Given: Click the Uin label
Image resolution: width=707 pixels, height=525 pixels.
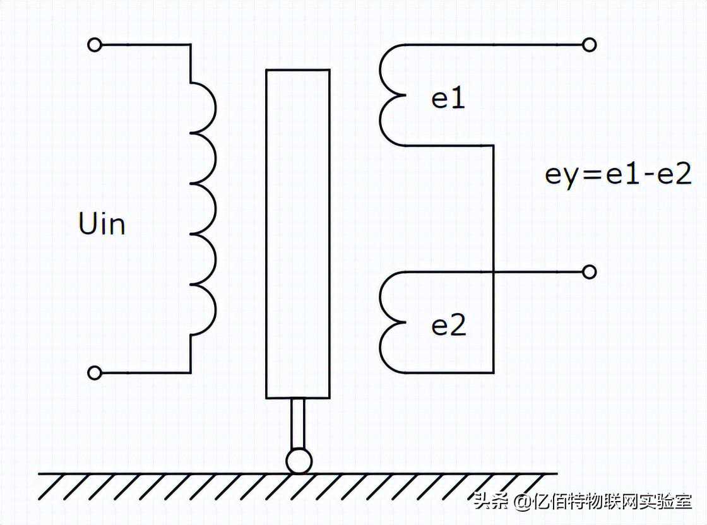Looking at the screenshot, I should click(102, 224).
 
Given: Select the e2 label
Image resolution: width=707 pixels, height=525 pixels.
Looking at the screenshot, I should click(448, 326).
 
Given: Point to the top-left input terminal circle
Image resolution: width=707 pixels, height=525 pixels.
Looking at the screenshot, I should click(95, 45).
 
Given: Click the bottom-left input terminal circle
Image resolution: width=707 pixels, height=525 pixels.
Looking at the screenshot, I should click(95, 373).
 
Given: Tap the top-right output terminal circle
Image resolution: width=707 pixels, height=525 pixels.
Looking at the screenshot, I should click(590, 45).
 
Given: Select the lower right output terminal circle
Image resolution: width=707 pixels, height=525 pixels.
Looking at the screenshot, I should click(590, 272).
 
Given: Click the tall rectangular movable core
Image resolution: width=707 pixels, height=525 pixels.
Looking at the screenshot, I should click(298, 233).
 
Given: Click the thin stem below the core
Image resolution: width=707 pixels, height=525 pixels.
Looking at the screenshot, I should click(298, 423).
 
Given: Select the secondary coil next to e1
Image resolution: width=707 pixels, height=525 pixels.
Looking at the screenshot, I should click(391, 95).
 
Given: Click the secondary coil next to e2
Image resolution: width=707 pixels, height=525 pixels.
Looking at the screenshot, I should click(391, 322).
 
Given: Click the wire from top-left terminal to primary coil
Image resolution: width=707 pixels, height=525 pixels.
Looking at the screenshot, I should click(145, 45).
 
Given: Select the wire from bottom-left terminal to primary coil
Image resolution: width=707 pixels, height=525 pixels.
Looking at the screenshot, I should click(145, 373).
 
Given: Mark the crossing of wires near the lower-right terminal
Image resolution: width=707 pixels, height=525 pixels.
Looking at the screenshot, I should click(492, 272).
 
